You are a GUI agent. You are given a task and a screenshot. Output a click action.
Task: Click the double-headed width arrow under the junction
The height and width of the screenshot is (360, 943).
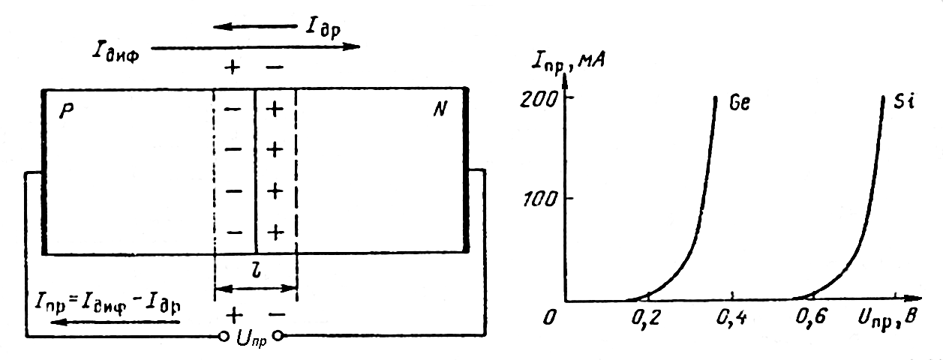coord(256,287)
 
